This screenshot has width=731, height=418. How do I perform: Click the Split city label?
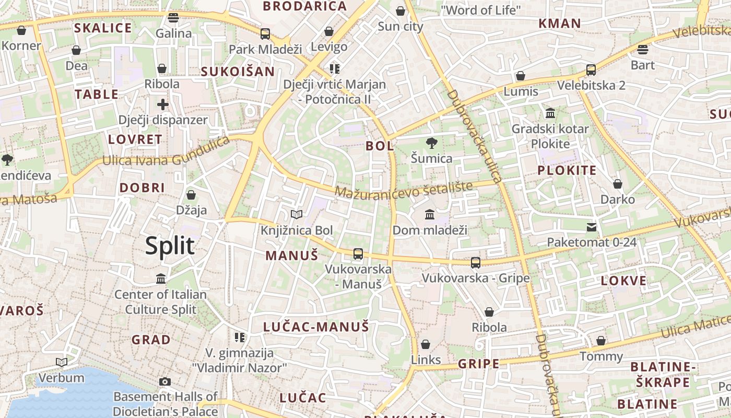click(x=170, y=246)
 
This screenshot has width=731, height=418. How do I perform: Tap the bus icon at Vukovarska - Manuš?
click(x=358, y=254)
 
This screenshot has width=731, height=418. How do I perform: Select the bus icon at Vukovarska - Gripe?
click(x=475, y=263)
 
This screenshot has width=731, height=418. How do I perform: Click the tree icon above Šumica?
click(x=431, y=143)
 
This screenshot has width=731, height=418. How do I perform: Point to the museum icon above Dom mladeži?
click(x=430, y=214)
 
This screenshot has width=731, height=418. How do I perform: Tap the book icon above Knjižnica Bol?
click(x=296, y=214)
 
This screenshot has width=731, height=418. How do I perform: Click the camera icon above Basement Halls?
click(x=165, y=381)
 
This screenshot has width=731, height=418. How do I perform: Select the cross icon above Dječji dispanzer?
click(x=163, y=104)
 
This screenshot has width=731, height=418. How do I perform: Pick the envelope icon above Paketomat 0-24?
click(x=591, y=227)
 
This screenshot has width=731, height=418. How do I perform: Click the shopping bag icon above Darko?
click(x=617, y=184)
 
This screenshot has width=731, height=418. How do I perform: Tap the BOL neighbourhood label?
click(x=380, y=146)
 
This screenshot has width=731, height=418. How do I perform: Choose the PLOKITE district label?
click(x=567, y=171)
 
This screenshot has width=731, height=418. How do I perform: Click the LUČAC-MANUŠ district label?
click(x=316, y=327)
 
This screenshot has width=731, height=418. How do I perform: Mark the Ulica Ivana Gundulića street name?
click(x=166, y=153)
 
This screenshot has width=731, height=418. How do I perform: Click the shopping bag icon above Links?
click(x=426, y=344)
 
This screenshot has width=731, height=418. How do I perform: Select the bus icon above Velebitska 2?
click(x=591, y=69)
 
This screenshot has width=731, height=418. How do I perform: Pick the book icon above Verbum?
click(x=62, y=362)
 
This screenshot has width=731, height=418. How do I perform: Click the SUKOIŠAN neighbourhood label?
click(x=238, y=72)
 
